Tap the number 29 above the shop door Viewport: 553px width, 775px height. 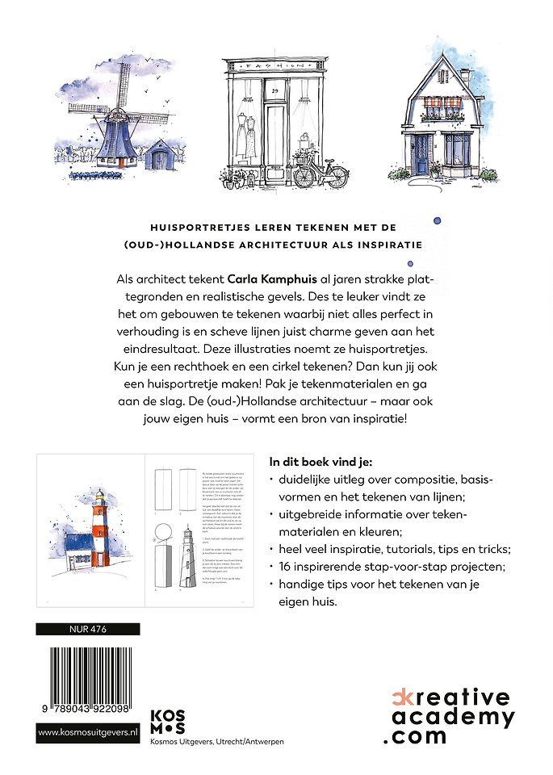click(275, 92)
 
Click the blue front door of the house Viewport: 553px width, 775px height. click(422, 154)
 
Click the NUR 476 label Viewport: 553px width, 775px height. click(88, 629)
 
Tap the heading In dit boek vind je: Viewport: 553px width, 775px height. click(320, 463)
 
